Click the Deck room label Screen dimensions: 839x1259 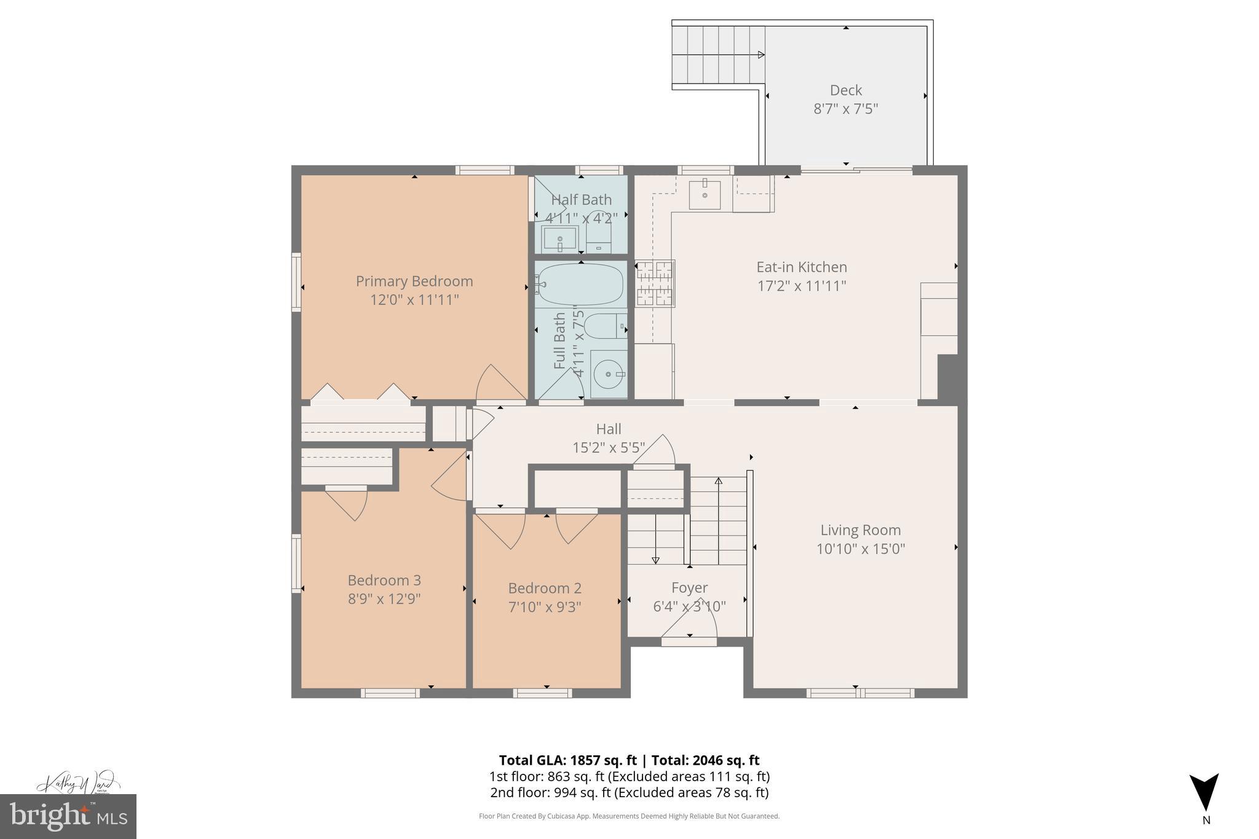pyautogui.click(x=845, y=90)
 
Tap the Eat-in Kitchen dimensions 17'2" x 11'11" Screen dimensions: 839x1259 pyautogui.click(x=801, y=286)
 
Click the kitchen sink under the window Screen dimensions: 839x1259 pyautogui.click(x=704, y=194)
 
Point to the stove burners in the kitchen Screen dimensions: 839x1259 pyautogui.click(x=655, y=283)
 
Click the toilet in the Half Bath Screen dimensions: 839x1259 pyautogui.click(x=599, y=234)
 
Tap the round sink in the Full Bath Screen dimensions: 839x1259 pyautogui.click(x=608, y=373)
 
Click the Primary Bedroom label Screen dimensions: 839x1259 pyautogui.click(x=414, y=282)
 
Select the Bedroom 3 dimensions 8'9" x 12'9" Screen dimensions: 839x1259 pyautogui.click(x=384, y=599)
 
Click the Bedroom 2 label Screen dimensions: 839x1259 pyautogui.click(x=545, y=588)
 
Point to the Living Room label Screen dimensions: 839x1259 pyautogui.click(x=860, y=530)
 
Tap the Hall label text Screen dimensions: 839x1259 pyautogui.click(x=609, y=429)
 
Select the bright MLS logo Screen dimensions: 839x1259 pyautogui.click(x=68, y=816)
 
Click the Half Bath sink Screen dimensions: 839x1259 pyautogui.click(x=559, y=238)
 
